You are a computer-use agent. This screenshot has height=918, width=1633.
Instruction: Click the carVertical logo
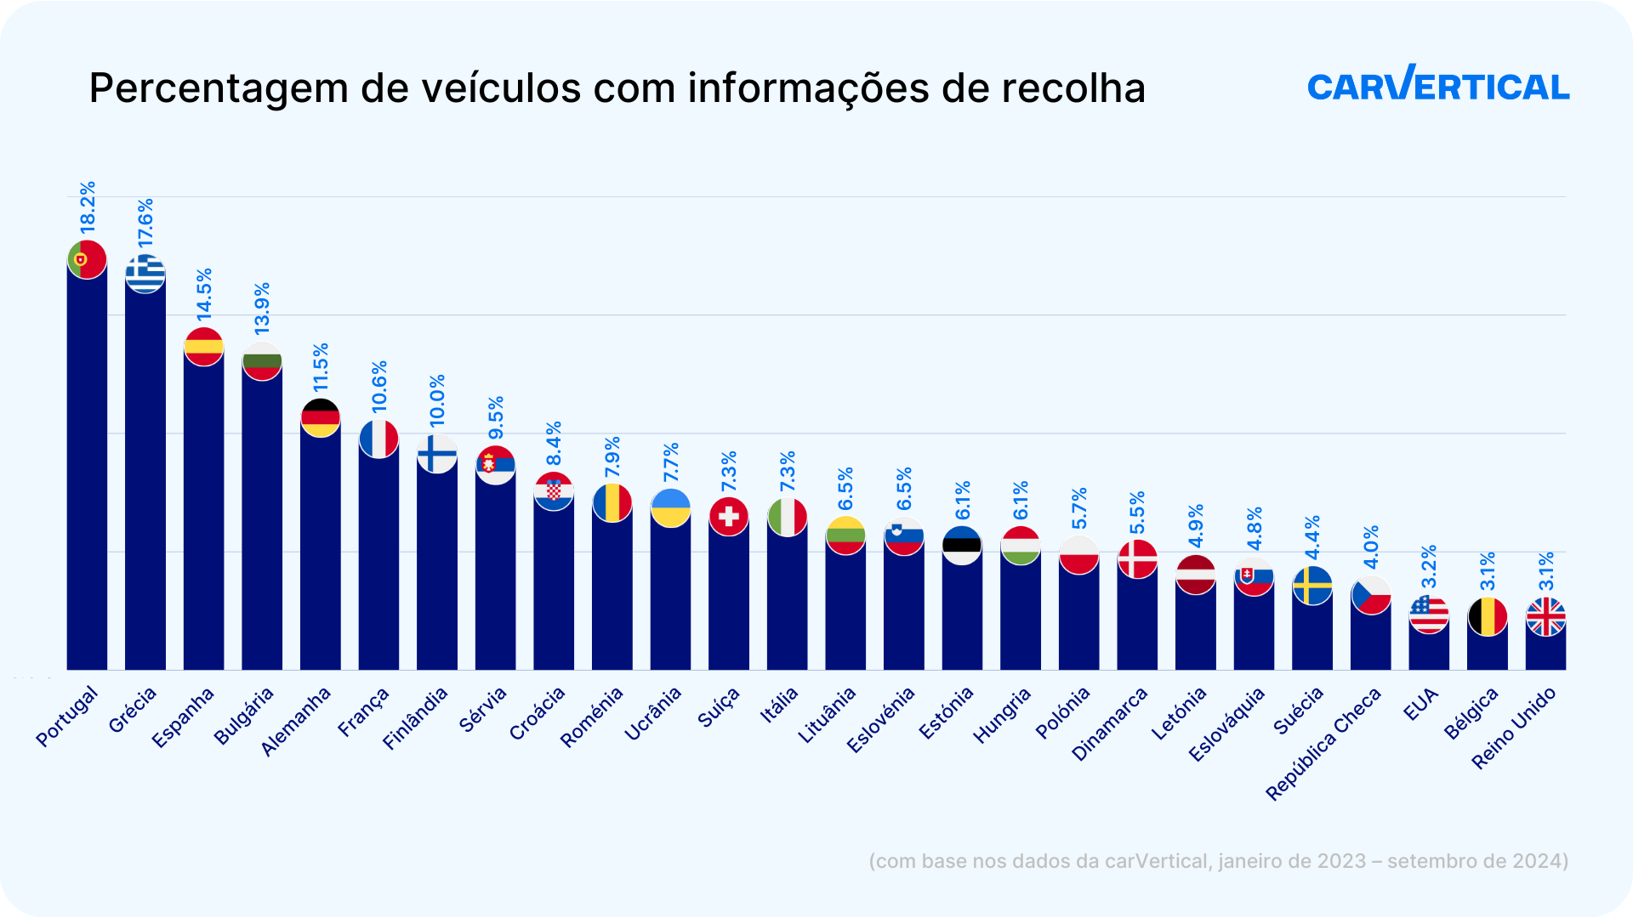coord(1437,85)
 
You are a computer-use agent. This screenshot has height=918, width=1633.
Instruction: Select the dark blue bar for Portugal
coord(87,467)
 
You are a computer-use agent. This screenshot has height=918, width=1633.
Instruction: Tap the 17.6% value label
coord(145,223)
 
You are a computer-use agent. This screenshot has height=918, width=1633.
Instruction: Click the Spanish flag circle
coord(204,347)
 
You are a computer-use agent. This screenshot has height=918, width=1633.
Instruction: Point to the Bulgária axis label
coord(244,716)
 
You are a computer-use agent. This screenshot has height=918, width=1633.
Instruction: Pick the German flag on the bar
coord(321,418)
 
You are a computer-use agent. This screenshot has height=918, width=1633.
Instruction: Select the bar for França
coord(378,561)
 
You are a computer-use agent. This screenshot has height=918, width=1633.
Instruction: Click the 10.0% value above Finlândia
coord(437,399)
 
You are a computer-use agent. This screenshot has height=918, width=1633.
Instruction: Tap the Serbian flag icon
coord(495,465)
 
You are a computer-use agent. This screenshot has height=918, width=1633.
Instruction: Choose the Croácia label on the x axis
coord(538,714)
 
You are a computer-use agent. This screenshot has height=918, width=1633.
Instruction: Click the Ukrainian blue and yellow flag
coord(670,507)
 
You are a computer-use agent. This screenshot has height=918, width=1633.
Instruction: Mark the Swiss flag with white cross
coord(729,516)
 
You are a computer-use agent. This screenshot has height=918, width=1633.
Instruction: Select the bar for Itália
coord(787,603)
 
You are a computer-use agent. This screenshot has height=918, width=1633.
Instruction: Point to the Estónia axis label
coord(946,714)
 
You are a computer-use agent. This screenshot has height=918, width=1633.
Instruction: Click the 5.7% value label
coord(1079,507)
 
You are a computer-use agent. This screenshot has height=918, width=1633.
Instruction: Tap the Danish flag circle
coord(1137,559)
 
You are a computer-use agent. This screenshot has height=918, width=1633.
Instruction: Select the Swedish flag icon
coord(1312,586)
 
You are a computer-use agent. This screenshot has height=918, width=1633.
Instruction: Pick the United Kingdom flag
coord(1545,617)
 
